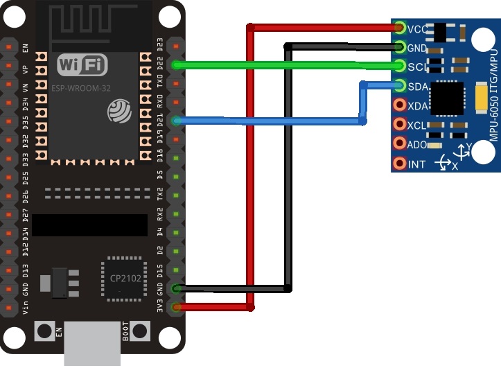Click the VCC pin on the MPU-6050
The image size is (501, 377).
[400, 28]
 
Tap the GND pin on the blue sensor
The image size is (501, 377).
[400, 47]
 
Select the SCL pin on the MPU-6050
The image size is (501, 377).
[400, 67]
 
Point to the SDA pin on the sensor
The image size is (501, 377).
[400, 86]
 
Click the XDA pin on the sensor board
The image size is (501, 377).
[400, 105]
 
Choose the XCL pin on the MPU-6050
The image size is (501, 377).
[400, 125]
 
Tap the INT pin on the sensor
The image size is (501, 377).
[400, 164]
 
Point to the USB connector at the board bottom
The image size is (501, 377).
[91, 344]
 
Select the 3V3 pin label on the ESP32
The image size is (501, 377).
[160, 306]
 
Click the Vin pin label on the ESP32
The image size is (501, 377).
[26, 306]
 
